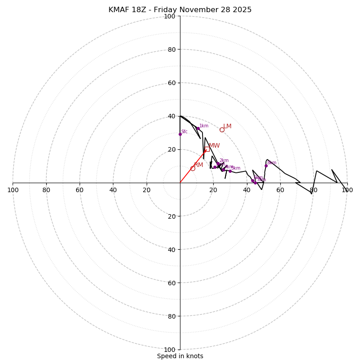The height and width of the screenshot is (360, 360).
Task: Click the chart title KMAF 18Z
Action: (180, 10)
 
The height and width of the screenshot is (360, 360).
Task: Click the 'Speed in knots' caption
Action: (180, 356)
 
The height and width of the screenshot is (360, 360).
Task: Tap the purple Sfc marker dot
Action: (180, 134)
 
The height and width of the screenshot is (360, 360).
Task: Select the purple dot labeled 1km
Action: (198, 129)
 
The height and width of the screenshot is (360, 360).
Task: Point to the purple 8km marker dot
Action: (266, 166)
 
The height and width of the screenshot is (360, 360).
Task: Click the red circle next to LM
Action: (222, 130)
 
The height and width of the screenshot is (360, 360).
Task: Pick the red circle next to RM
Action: (193, 168)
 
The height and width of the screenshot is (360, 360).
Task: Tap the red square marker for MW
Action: (207, 149)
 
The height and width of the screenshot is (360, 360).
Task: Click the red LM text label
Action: (227, 126)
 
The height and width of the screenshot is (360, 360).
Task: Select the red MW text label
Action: (214, 146)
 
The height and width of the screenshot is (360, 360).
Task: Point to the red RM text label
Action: (198, 165)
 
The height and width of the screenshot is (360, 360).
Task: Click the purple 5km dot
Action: (230, 171)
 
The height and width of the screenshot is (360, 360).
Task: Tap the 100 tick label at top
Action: (170, 16)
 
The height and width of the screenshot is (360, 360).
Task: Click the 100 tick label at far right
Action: (347, 190)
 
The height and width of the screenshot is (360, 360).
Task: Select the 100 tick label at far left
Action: (13, 190)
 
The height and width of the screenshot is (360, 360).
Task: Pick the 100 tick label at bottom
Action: (170, 350)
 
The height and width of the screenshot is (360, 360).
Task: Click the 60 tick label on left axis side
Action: (80, 190)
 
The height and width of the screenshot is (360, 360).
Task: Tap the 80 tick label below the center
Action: (171, 316)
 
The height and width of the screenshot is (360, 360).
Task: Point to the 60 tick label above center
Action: (171, 83)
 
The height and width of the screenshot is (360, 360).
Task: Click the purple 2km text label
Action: (224, 161)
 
